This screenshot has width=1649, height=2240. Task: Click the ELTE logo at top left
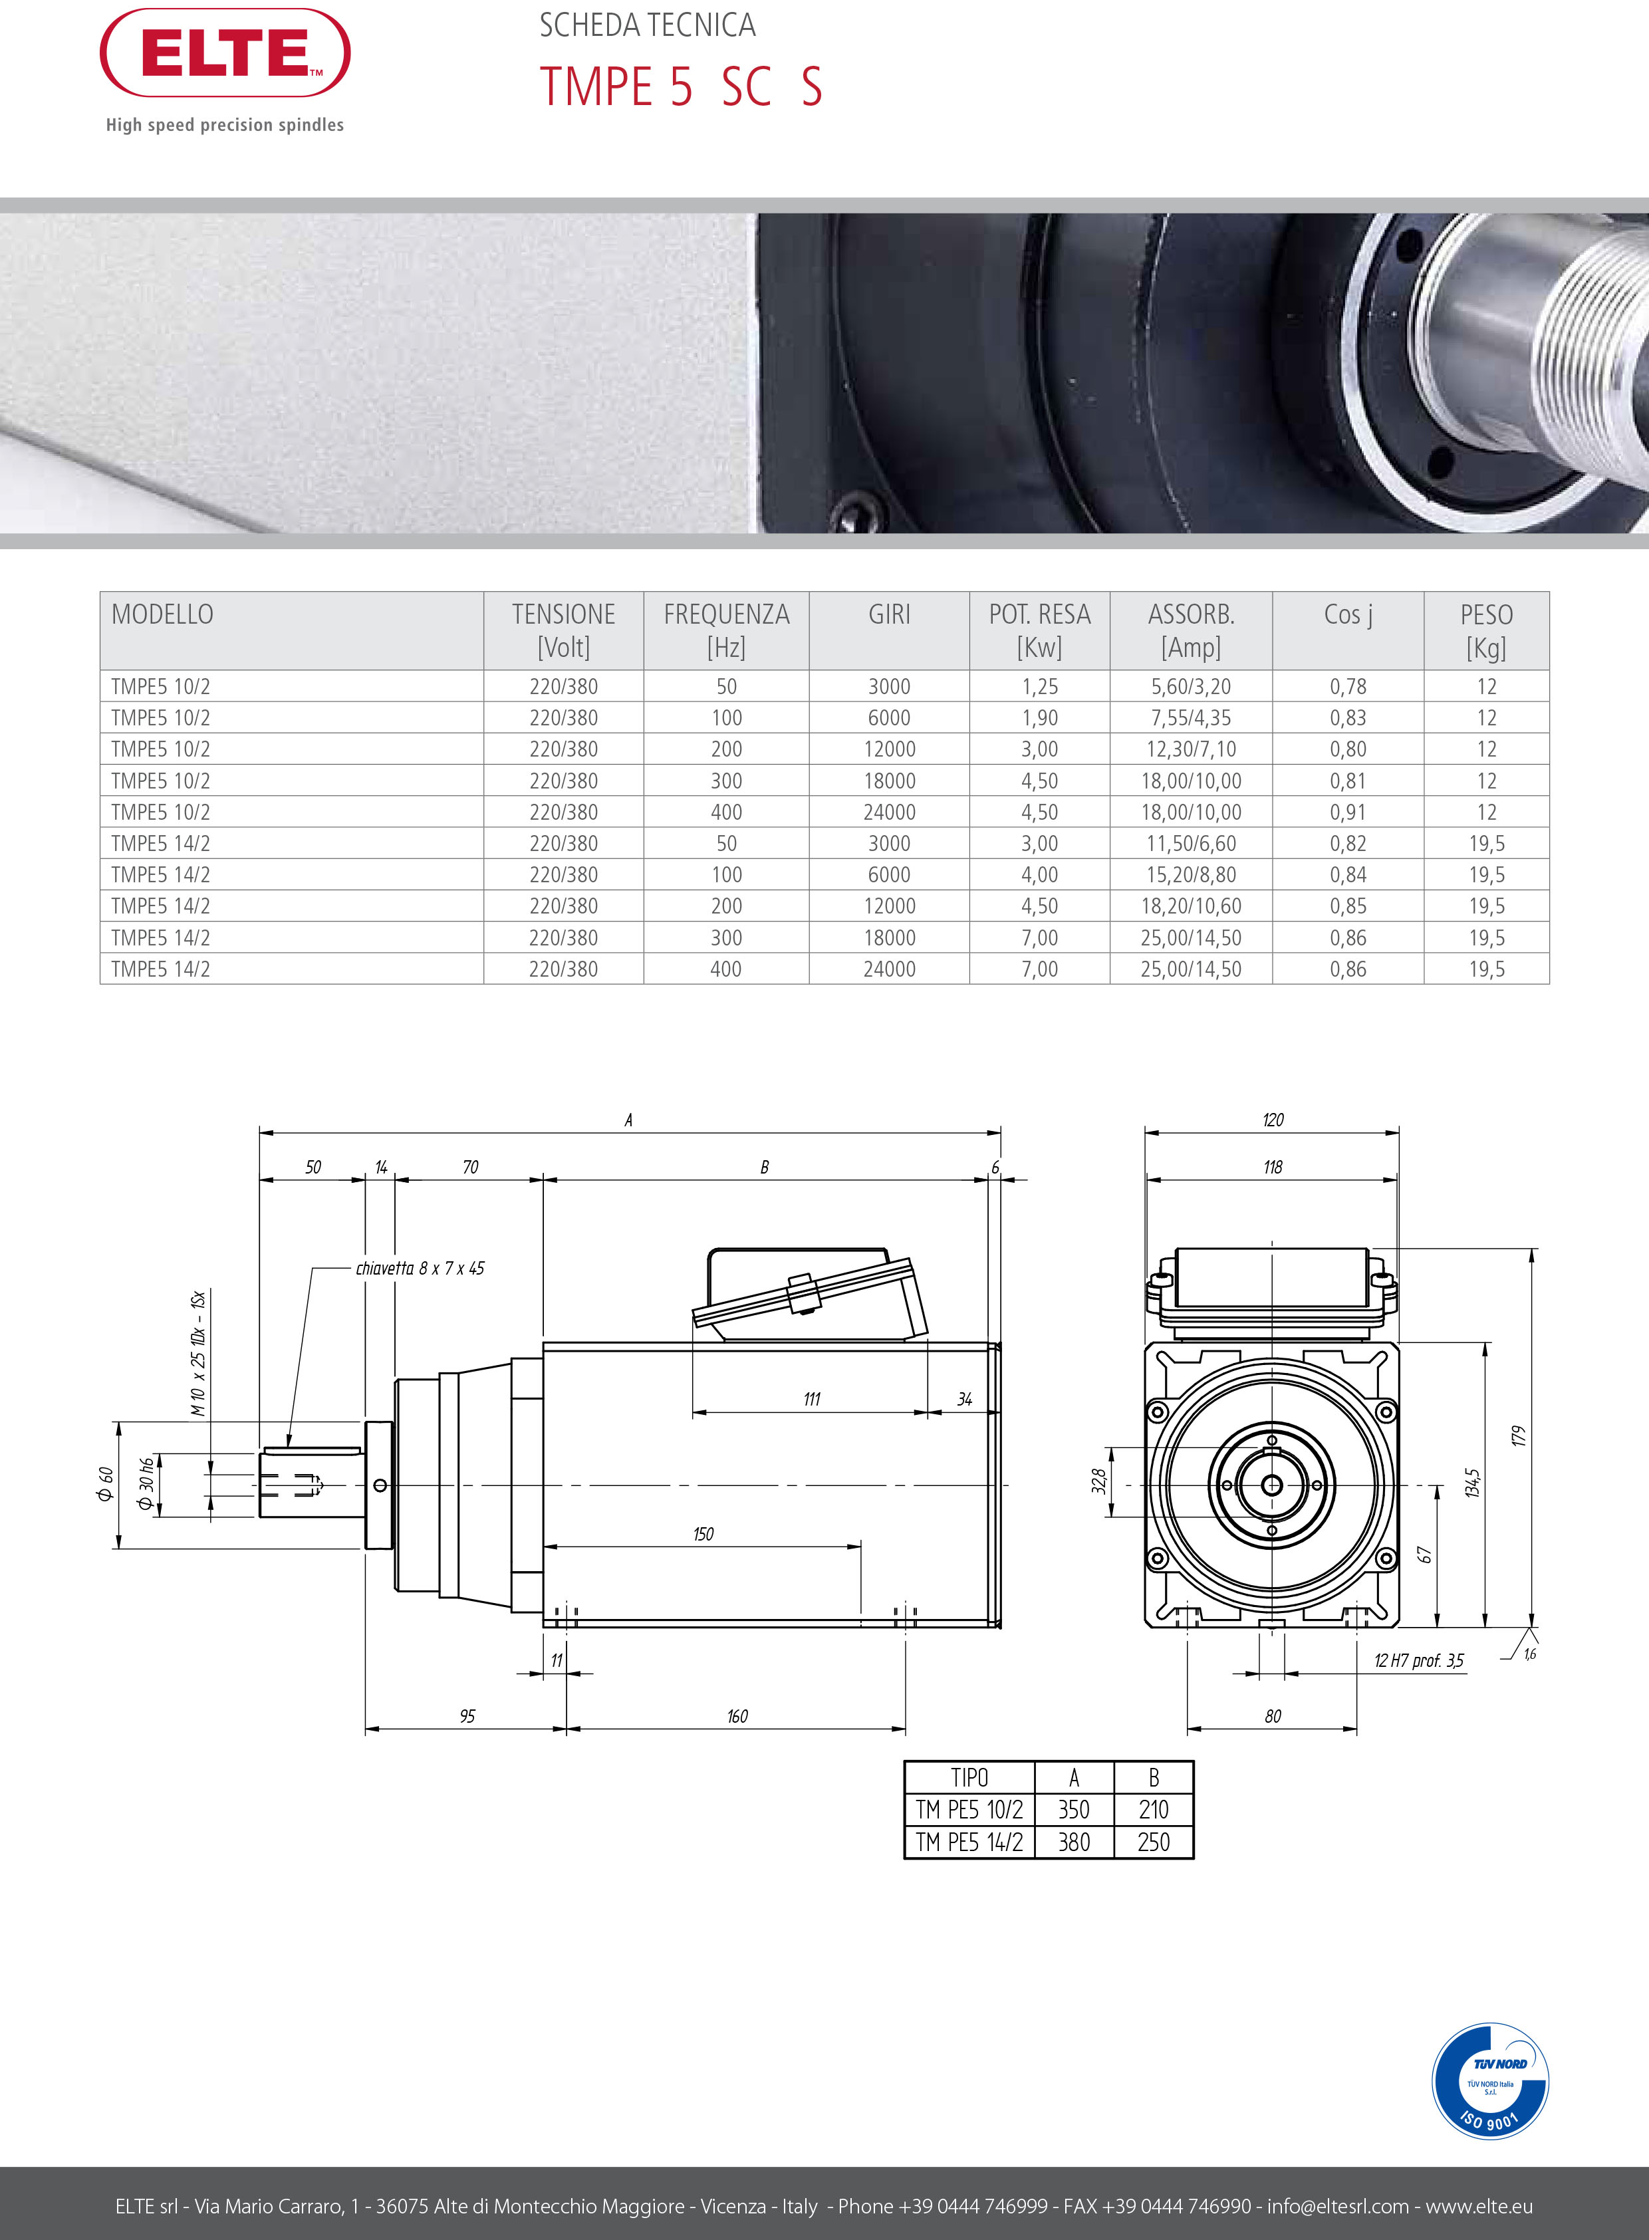(225, 53)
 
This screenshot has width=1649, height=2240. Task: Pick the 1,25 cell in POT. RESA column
(1039, 687)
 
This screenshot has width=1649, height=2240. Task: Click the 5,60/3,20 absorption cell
(1191, 687)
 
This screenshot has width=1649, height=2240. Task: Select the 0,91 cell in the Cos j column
(1348, 812)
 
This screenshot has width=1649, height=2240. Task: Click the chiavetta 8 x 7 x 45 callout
(420, 1269)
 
